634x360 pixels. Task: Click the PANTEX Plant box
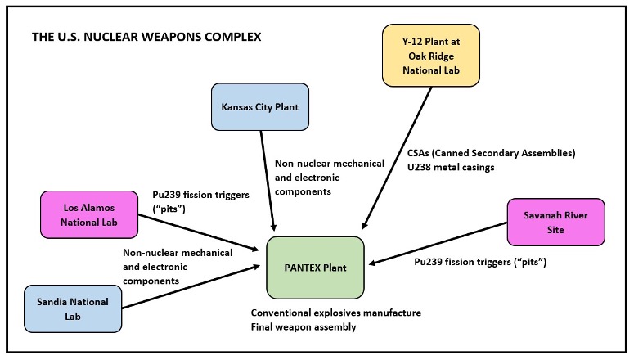tap(315, 268)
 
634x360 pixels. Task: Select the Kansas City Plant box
tap(260, 106)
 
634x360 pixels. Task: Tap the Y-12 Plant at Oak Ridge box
tap(431, 55)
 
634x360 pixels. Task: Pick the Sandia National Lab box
tap(73, 308)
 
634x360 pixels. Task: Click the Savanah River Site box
tap(555, 222)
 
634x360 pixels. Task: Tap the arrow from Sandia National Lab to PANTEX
tap(196, 286)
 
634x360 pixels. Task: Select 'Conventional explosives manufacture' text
tap(336, 313)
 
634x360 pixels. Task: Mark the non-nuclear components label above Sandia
tap(177, 267)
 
